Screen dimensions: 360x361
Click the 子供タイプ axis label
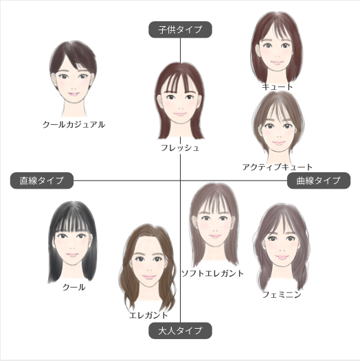pos(180,30)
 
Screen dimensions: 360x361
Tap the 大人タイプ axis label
pos(180,331)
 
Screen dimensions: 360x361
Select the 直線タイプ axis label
pos(42,180)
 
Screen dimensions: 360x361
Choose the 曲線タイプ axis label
pos(319,180)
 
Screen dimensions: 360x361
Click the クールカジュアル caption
pos(74,124)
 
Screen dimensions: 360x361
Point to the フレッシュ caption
pos(180,148)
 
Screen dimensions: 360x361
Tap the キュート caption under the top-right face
pos(278,86)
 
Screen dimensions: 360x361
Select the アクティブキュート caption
pos(278,167)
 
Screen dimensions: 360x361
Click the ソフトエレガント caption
pos(212,273)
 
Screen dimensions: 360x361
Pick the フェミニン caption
pos(282,294)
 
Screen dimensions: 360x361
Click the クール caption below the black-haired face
pos(74,287)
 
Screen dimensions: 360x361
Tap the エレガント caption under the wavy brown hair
pos(148,315)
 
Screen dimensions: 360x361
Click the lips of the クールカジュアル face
pos(74,94)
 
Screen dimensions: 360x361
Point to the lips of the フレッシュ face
pos(180,114)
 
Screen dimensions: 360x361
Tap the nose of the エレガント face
pos(149,270)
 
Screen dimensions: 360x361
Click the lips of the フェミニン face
pos(282,257)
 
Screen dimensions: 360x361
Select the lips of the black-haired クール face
pos(72,255)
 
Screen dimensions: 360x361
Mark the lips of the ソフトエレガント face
pos(215,236)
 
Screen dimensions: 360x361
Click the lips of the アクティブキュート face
pos(279,143)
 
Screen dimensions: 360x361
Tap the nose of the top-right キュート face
pos(278,56)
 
